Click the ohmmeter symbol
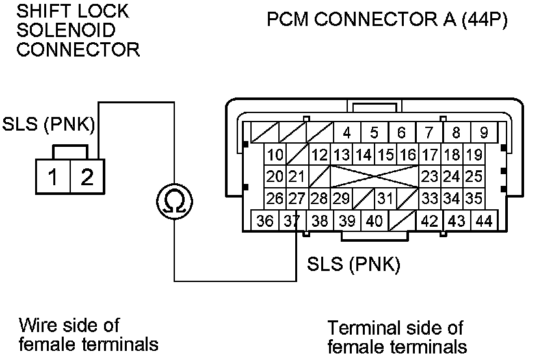click(x=174, y=201)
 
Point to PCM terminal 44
click(x=483, y=221)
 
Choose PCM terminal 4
click(x=347, y=133)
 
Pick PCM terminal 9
click(x=484, y=133)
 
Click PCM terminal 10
click(x=276, y=155)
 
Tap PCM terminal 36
click(x=265, y=221)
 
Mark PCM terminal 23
click(x=429, y=177)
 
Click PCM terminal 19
click(x=474, y=155)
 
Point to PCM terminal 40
click(x=374, y=221)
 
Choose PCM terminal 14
click(x=364, y=155)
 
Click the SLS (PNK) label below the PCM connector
click(x=353, y=264)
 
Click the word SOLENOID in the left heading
click(x=66, y=30)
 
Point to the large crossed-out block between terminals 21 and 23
click(x=374, y=177)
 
